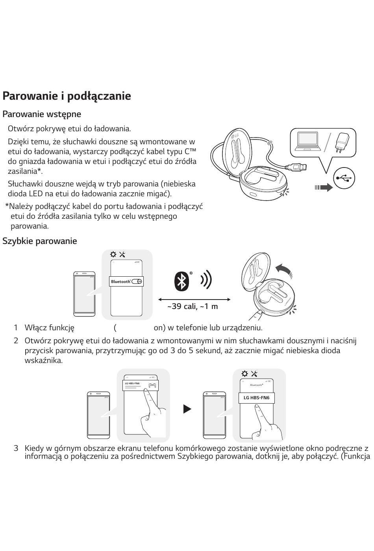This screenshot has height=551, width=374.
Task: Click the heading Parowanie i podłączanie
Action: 67,96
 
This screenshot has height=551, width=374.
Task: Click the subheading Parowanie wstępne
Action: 42,114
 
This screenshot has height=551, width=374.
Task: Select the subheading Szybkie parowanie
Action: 39,241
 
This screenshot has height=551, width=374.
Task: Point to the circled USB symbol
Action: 344,178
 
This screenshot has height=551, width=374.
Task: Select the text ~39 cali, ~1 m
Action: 193,307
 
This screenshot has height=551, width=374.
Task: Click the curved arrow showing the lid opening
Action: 283,270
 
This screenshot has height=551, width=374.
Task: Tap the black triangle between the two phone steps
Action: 187,409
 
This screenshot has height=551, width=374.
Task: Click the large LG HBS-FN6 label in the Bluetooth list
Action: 257,398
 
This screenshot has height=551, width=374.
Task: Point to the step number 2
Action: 16,341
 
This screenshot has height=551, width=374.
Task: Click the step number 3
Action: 16,448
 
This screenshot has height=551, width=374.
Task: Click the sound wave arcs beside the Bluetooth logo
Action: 206,279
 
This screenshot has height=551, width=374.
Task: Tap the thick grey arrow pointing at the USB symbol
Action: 324,188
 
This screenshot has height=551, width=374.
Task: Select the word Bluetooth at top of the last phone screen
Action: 256,385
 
